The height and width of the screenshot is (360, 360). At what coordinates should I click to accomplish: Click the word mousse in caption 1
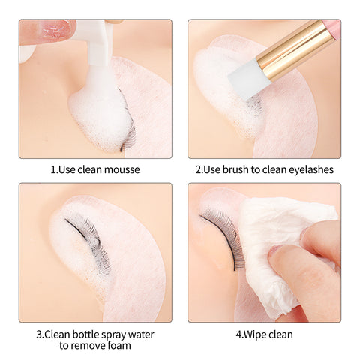click(x=122, y=169)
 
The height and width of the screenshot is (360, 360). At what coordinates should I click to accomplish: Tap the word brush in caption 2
click(x=235, y=169)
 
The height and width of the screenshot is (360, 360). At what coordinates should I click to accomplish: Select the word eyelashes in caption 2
click(x=311, y=169)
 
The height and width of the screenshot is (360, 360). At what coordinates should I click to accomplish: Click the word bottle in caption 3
click(x=87, y=334)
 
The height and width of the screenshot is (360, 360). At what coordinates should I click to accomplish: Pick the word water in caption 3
click(x=141, y=334)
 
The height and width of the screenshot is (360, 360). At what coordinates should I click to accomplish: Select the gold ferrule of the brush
click(x=292, y=49)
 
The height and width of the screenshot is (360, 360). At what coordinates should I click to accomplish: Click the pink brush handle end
click(x=331, y=28)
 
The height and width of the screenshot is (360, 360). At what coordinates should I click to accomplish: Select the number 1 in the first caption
click(x=53, y=170)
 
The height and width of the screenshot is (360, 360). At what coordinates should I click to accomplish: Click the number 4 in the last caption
click(x=238, y=334)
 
